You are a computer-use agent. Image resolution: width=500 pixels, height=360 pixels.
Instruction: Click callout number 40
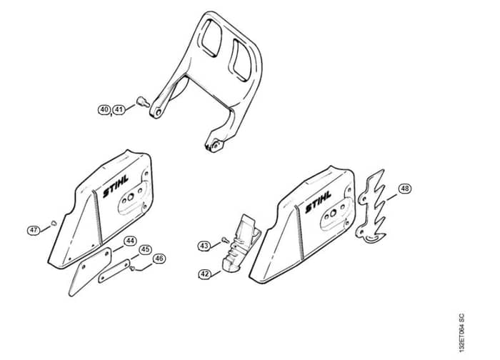click(x=104, y=110)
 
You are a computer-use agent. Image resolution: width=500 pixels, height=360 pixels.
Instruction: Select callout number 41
click(x=119, y=110)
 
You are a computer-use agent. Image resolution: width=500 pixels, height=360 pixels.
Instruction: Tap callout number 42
click(x=205, y=274)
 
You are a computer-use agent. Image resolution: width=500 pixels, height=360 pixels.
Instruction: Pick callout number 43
click(x=204, y=246)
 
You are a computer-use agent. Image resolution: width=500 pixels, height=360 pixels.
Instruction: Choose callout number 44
click(x=129, y=241)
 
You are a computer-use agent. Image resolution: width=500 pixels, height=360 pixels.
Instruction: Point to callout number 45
click(x=145, y=249)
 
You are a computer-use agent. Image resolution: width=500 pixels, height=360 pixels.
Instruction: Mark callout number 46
click(x=159, y=259)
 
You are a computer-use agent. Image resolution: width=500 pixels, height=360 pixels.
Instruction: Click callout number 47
click(x=34, y=230)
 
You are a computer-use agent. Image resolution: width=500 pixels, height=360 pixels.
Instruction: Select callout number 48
click(x=405, y=189)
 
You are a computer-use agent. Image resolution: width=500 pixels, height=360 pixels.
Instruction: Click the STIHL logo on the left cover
click(x=116, y=186)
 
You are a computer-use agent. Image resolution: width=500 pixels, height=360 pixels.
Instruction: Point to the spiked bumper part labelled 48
click(x=372, y=206)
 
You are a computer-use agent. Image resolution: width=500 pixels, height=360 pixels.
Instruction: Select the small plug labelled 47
click(x=54, y=222)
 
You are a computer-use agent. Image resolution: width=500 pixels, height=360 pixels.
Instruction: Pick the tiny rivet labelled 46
click(x=132, y=269)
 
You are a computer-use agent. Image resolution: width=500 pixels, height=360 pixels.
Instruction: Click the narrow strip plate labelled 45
click(x=114, y=271)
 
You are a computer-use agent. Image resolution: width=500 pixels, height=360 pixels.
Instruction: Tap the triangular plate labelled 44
click(x=89, y=271)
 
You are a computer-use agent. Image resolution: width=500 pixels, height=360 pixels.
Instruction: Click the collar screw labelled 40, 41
click(x=143, y=101)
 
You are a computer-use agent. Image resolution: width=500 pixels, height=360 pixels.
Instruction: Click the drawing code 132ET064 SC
click(x=461, y=333)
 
